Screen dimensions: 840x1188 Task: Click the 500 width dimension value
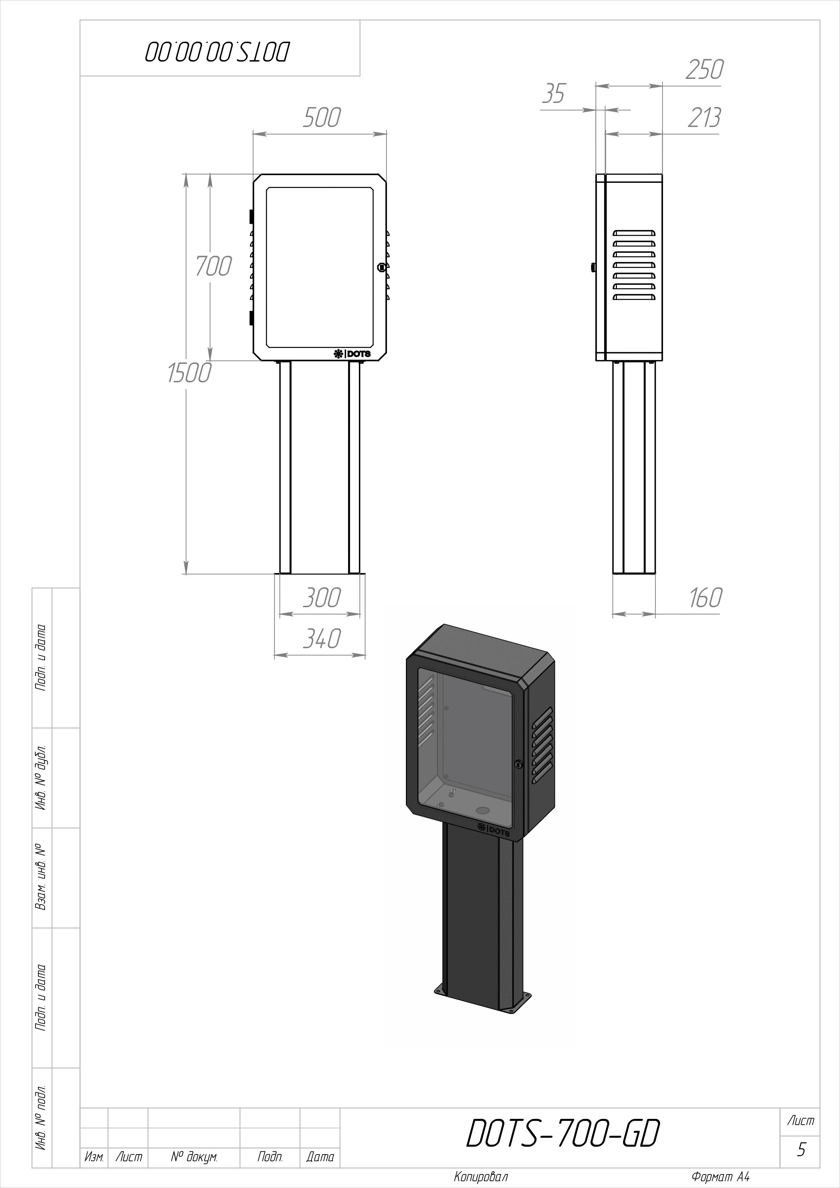click(x=322, y=118)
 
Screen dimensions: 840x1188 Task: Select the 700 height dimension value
click(x=213, y=267)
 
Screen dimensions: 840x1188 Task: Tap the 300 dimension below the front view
click(x=322, y=598)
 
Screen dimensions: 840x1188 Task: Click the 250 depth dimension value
click(x=705, y=70)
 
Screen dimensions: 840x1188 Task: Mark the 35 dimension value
click(x=554, y=94)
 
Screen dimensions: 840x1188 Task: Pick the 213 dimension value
click(x=704, y=118)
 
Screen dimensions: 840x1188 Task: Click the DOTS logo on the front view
click(x=352, y=354)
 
